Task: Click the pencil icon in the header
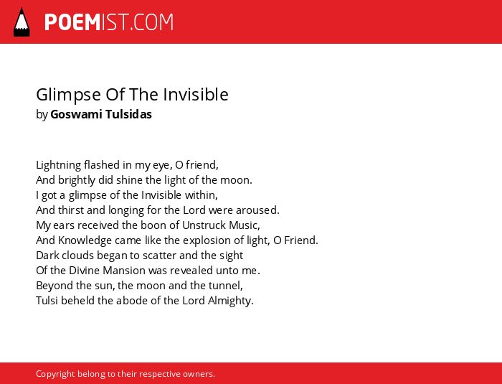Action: click(x=22, y=22)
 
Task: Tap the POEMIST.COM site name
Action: click(x=109, y=22)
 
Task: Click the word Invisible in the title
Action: click(x=196, y=95)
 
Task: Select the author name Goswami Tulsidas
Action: click(x=101, y=114)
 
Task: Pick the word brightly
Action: click(x=77, y=180)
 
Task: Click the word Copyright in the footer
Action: click(x=55, y=374)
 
